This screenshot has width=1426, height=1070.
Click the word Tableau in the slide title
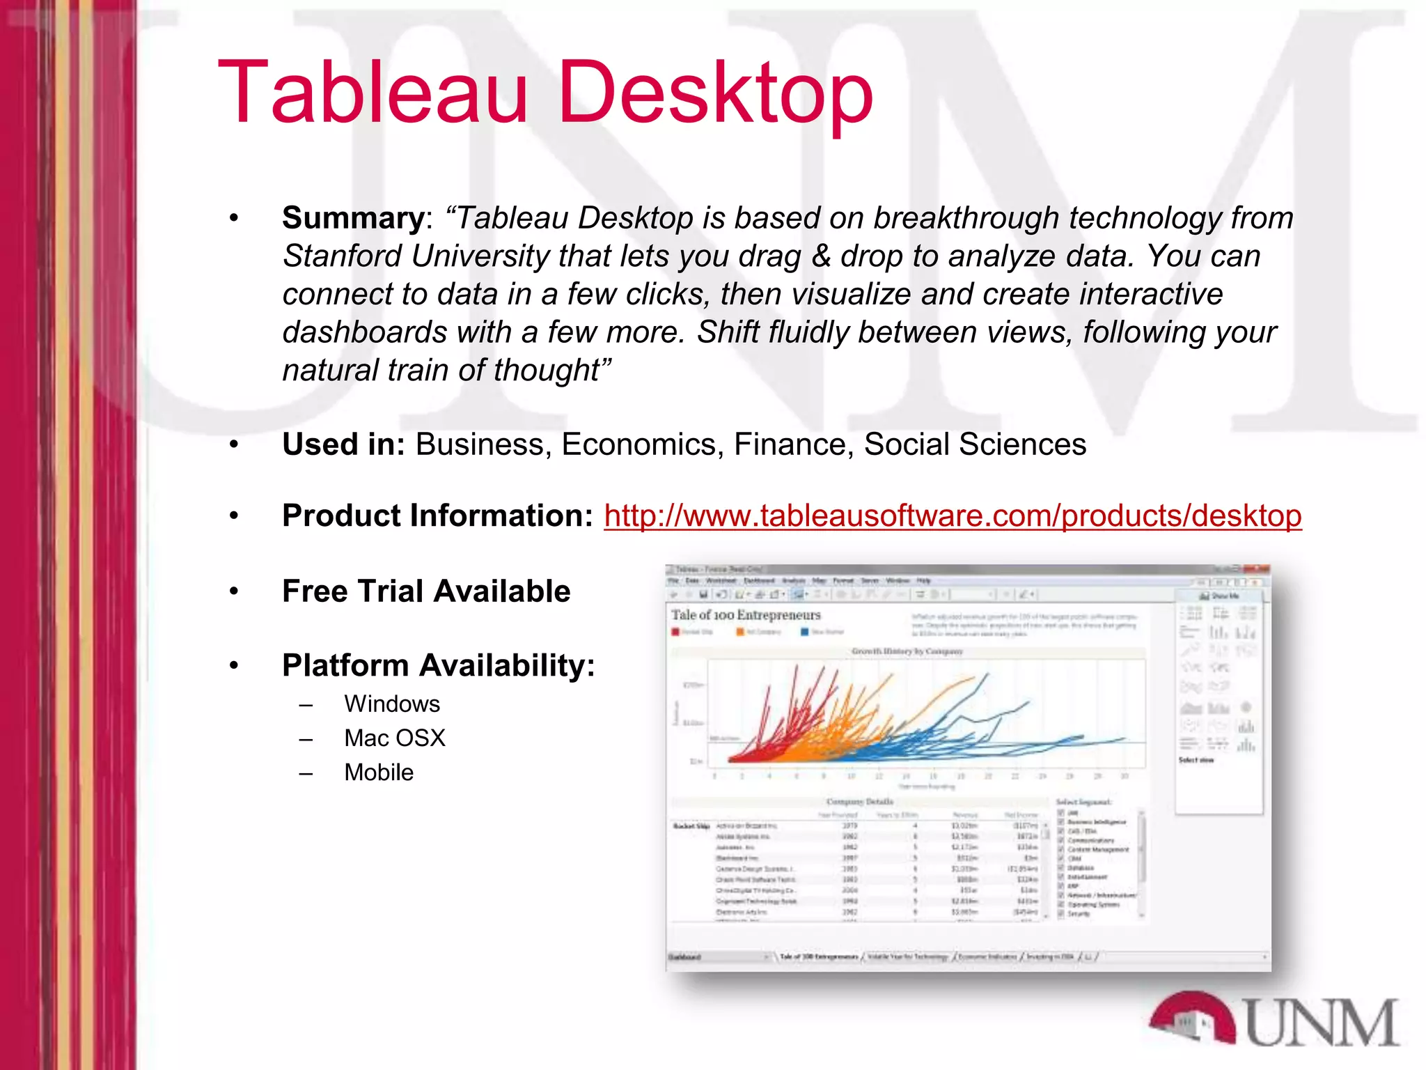click(373, 94)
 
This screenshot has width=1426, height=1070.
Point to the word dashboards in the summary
click(364, 332)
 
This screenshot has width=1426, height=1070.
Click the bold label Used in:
click(343, 444)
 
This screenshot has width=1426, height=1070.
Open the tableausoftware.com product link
click(952, 516)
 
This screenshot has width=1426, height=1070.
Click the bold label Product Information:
click(437, 516)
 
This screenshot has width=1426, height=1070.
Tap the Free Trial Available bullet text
click(426, 591)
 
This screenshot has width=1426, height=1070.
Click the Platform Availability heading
click(439, 665)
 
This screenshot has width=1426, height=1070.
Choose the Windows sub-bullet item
click(392, 704)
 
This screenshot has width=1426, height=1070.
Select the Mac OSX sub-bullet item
click(394, 738)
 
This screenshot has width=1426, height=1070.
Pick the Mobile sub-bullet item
click(379, 773)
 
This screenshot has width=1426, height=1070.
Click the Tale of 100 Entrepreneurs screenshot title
click(746, 615)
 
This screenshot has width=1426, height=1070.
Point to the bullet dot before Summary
click(234, 219)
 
